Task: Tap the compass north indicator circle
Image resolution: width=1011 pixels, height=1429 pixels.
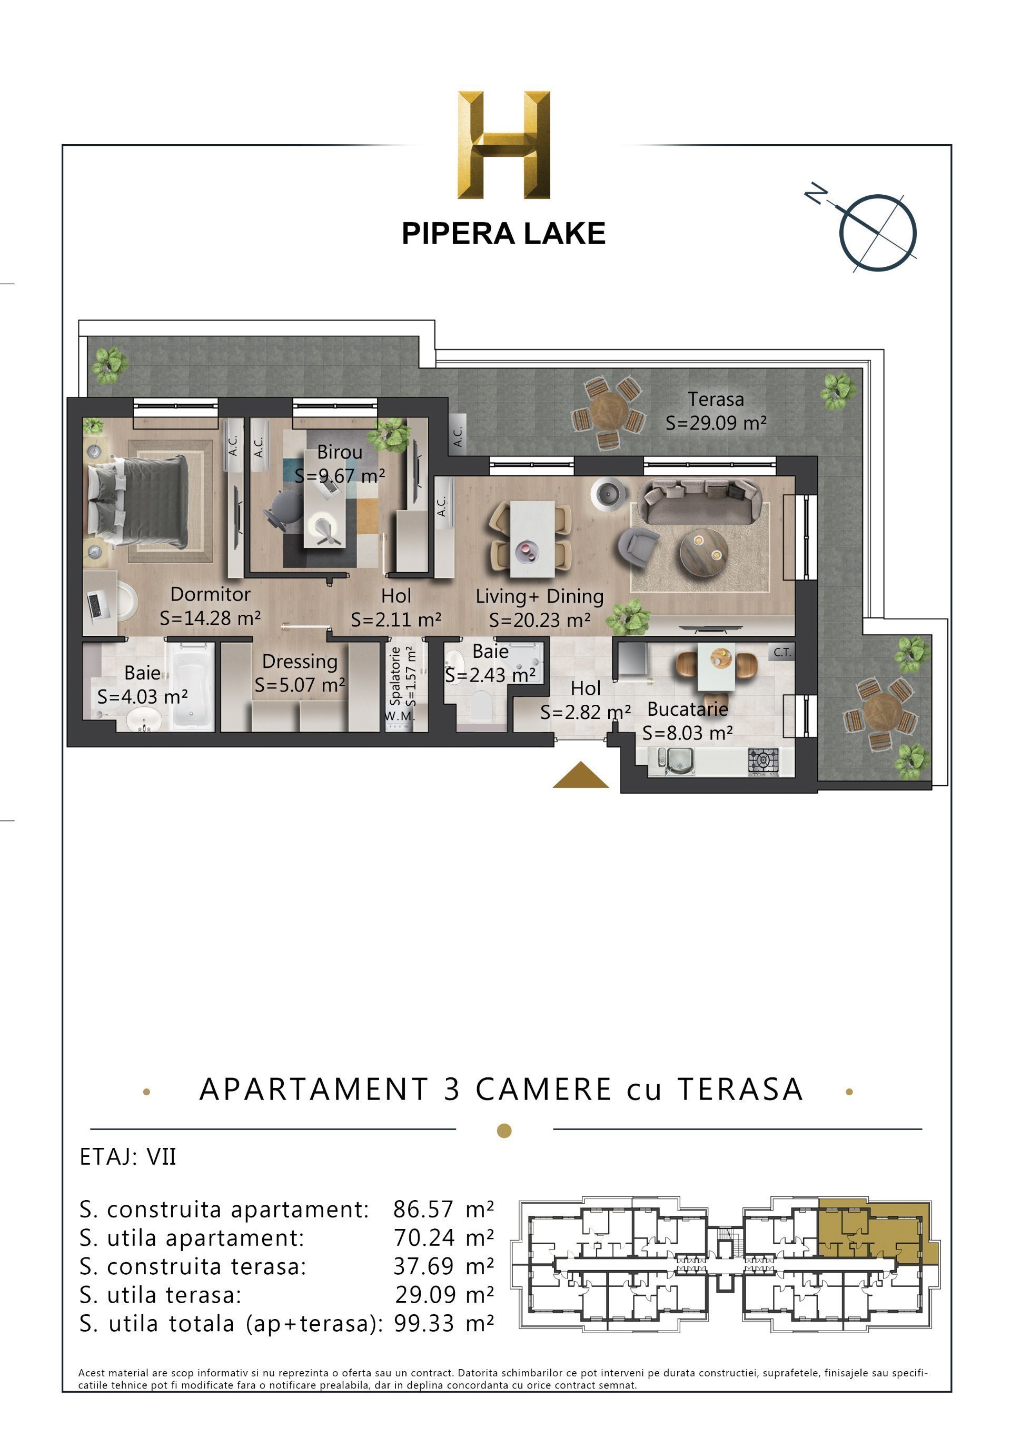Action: coord(878,233)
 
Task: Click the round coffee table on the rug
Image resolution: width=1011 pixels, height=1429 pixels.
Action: coord(703,551)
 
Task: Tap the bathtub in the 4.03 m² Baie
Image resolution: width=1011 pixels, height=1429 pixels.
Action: coord(193,686)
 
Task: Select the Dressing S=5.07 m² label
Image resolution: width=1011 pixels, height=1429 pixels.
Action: coord(300,673)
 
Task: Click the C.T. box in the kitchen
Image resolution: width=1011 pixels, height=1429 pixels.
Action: coord(782,652)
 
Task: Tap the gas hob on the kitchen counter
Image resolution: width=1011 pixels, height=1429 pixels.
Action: coord(763,761)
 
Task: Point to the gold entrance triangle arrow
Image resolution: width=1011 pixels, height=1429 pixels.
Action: coord(580,776)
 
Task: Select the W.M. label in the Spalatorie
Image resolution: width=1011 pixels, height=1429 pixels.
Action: coord(399,716)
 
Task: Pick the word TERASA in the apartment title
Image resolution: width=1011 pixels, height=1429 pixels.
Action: coord(740,1089)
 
